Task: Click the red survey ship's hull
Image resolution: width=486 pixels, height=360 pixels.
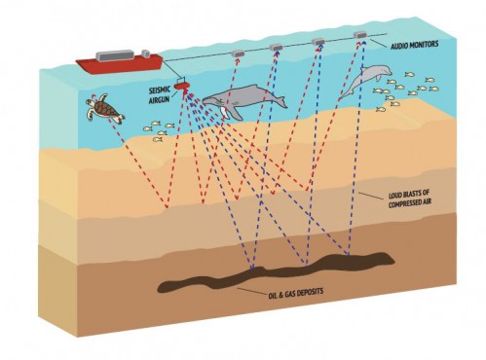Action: pos(119,64)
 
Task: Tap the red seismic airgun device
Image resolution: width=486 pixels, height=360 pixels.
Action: pos(181,86)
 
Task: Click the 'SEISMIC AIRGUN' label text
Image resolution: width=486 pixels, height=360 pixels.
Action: pos(159,95)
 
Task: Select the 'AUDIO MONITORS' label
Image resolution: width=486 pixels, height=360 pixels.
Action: pos(414,45)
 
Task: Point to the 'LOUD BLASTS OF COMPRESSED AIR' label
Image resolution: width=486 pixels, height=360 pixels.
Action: pos(410,199)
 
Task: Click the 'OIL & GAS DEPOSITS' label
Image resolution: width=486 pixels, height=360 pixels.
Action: pos(296,292)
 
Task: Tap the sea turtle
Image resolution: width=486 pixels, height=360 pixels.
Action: pos(104,108)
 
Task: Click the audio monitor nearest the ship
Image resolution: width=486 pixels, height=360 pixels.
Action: pos(238,54)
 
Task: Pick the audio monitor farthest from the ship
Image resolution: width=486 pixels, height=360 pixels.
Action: pos(360,34)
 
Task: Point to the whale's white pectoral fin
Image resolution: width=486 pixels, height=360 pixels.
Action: pos(223,112)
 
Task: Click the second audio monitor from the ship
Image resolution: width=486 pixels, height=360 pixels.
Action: pos(276,48)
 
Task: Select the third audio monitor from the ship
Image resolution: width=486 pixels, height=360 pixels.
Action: pos(318,42)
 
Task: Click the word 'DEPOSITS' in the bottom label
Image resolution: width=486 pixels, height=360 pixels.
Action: pos(309,292)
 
